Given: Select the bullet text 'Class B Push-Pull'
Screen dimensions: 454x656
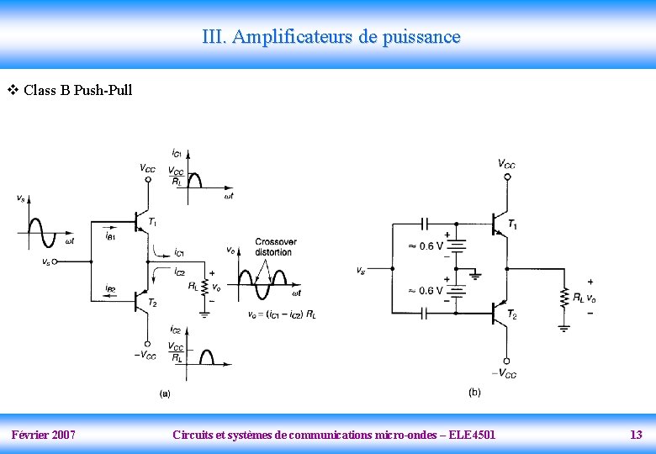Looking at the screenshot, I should [x=77, y=90].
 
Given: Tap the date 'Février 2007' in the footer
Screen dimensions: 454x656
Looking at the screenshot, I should [x=44, y=435].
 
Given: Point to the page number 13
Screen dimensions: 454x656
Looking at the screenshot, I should [x=636, y=435].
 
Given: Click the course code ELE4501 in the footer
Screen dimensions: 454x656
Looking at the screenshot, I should [x=473, y=435].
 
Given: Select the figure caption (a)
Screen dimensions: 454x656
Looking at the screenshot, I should [x=165, y=393].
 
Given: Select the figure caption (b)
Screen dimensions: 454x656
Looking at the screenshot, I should [x=474, y=392].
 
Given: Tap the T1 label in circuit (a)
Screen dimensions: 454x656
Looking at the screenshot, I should [x=152, y=222].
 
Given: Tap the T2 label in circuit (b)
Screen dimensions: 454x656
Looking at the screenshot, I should [x=512, y=314].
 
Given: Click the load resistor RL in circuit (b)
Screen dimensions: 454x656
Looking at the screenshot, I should [x=564, y=297].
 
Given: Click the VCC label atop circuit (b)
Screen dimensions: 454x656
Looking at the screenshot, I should [x=506, y=164].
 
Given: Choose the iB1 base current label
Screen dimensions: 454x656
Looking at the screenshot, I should [x=110, y=236].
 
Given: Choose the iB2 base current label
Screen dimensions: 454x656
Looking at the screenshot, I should [x=110, y=289].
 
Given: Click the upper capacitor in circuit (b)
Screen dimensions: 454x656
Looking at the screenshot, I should [x=425, y=224].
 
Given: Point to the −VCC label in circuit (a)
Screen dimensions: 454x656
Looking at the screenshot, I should [x=144, y=356].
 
